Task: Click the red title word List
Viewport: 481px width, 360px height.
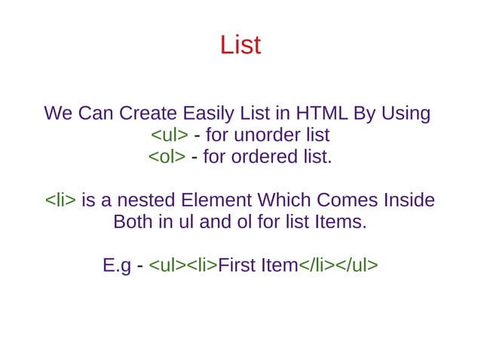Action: click(x=240, y=45)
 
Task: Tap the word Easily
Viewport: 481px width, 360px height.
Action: click(x=211, y=114)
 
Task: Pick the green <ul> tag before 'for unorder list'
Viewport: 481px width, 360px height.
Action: click(x=169, y=136)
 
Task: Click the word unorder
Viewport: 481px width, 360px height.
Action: click(x=268, y=136)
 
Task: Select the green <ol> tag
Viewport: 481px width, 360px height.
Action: click(x=167, y=157)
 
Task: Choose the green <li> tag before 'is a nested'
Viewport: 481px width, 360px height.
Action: click(x=60, y=201)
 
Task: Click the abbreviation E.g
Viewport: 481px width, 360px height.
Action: click(x=117, y=267)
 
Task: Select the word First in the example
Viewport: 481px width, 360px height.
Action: click(x=236, y=267)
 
